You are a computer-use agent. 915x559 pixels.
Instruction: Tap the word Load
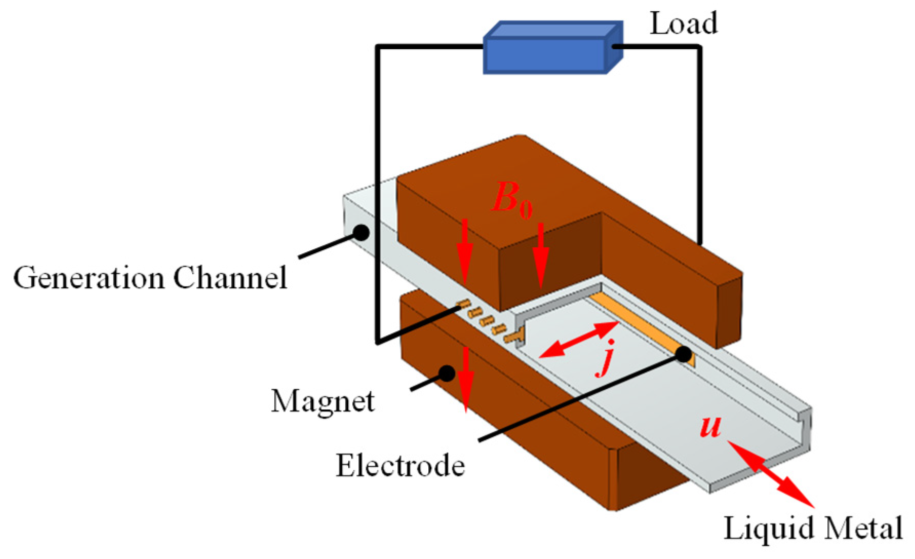click(683, 24)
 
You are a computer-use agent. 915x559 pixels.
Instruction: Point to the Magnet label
click(323, 401)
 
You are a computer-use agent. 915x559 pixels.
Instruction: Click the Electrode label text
click(400, 466)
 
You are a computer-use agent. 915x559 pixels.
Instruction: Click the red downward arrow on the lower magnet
click(466, 380)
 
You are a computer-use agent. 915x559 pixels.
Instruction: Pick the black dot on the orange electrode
click(684, 354)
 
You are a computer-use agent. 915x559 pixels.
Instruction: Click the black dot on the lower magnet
click(447, 373)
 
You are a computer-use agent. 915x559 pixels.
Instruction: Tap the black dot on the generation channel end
click(361, 232)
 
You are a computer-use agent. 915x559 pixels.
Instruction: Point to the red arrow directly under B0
click(540, 254)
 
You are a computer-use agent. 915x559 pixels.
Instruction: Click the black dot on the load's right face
click(616, 47)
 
